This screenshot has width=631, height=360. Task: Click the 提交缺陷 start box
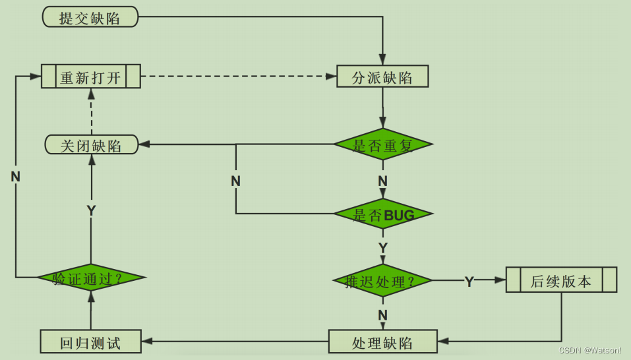90,17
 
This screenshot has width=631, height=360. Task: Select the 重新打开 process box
91,76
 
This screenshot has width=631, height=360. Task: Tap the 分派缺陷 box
382,76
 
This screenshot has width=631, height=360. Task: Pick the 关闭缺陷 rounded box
92,144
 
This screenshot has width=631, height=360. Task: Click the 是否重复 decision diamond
383,144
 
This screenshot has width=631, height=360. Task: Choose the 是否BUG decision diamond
383,214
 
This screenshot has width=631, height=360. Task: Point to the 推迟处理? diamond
382,280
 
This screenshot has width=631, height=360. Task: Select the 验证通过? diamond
92,277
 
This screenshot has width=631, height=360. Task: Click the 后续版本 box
561,280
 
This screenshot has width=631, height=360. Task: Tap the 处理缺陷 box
382,342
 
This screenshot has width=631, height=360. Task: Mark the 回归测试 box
90,342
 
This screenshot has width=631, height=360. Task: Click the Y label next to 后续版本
469,282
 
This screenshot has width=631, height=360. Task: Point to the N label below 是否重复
382,181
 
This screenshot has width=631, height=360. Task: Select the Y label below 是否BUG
382,247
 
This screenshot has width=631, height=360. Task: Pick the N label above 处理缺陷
382,315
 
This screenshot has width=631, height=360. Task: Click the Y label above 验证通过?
92,210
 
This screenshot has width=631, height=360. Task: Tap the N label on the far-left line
15,177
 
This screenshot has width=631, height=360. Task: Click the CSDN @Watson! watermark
590,350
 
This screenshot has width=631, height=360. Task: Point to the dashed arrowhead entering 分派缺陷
331,76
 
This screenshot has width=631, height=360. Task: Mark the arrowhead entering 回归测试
147,341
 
